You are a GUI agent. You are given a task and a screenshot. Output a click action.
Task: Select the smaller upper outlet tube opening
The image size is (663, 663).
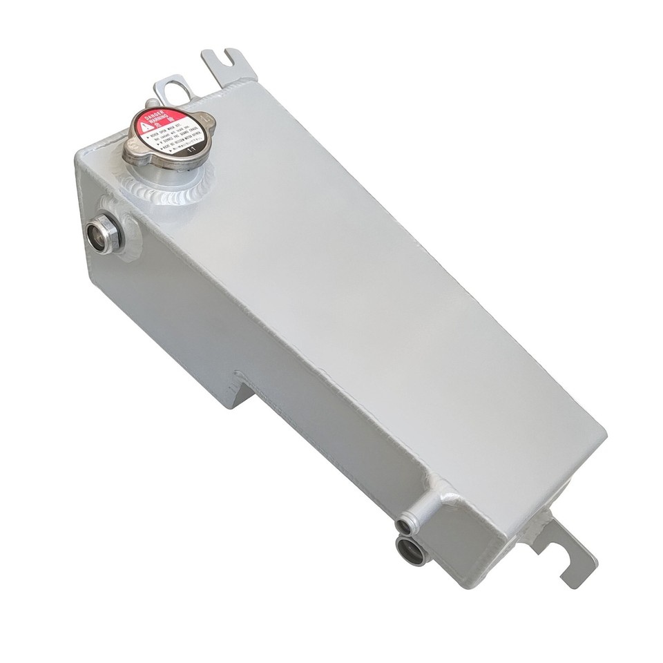point(402,527)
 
